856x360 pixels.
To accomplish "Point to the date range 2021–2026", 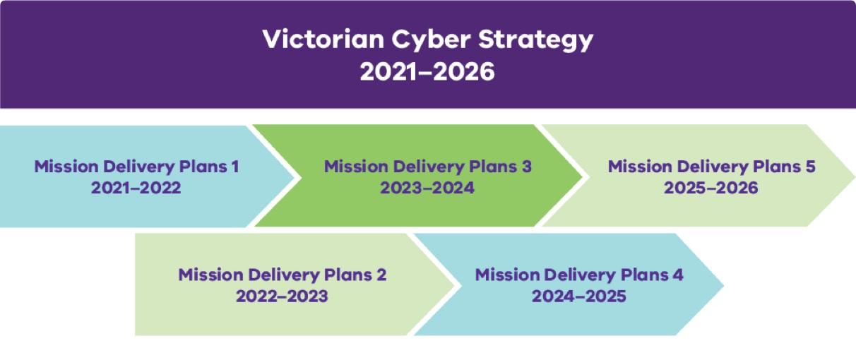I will point(427,71).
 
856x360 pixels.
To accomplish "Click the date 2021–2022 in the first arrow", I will point(136,188).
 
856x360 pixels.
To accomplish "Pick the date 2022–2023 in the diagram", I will point(282,296).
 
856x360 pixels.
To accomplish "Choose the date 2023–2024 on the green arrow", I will point(427,188).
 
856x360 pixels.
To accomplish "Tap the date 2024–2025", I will point(579,296).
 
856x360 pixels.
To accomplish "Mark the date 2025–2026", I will point(711,188).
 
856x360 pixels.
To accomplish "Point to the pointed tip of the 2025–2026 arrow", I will point(853,175).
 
